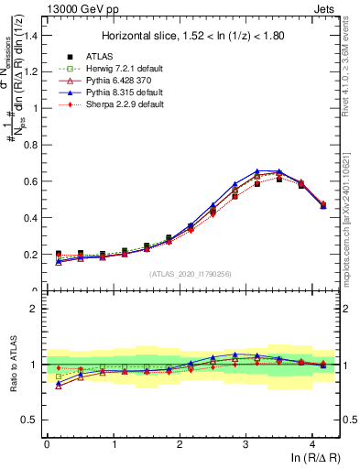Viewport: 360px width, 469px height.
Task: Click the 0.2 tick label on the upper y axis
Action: point(31,255)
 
